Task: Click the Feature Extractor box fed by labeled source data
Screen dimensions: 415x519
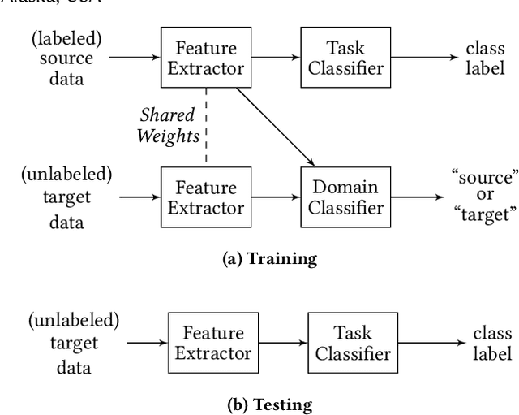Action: (202, 58)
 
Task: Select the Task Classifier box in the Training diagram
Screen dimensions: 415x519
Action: (342, 58)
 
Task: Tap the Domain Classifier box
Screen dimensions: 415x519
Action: (342, 197)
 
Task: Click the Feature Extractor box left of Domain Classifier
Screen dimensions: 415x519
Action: (202, 197)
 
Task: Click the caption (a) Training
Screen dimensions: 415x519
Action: (259, 259)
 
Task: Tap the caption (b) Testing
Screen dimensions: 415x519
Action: (259, 404)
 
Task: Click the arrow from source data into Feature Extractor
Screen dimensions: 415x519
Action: (134, 58)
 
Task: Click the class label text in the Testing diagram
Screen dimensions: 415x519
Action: (492, 343)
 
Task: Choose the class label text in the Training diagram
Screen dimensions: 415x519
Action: (484, 58)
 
